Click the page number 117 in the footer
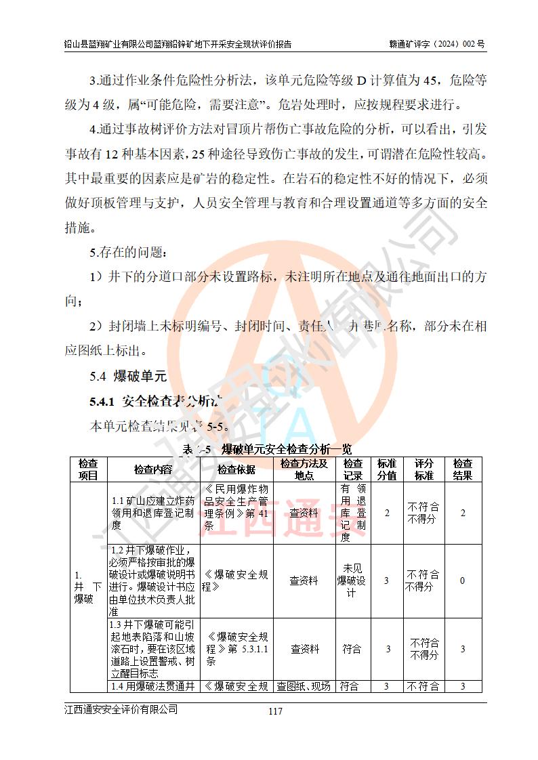coord(274,711)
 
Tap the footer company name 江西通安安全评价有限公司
coord(121,709)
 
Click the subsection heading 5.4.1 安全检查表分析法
coord(157,402)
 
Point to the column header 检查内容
coord(152,469)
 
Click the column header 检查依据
coord(236,469)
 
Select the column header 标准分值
coord(387,469)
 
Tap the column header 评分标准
coord(423,469)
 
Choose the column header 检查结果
coord(463,469)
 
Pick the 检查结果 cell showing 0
coord(462,580)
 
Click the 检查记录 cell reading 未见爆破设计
coord(352,580)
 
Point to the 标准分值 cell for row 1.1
coord(387,513)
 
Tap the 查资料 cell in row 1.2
coord(304,580)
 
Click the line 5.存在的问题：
coord(127,253)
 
